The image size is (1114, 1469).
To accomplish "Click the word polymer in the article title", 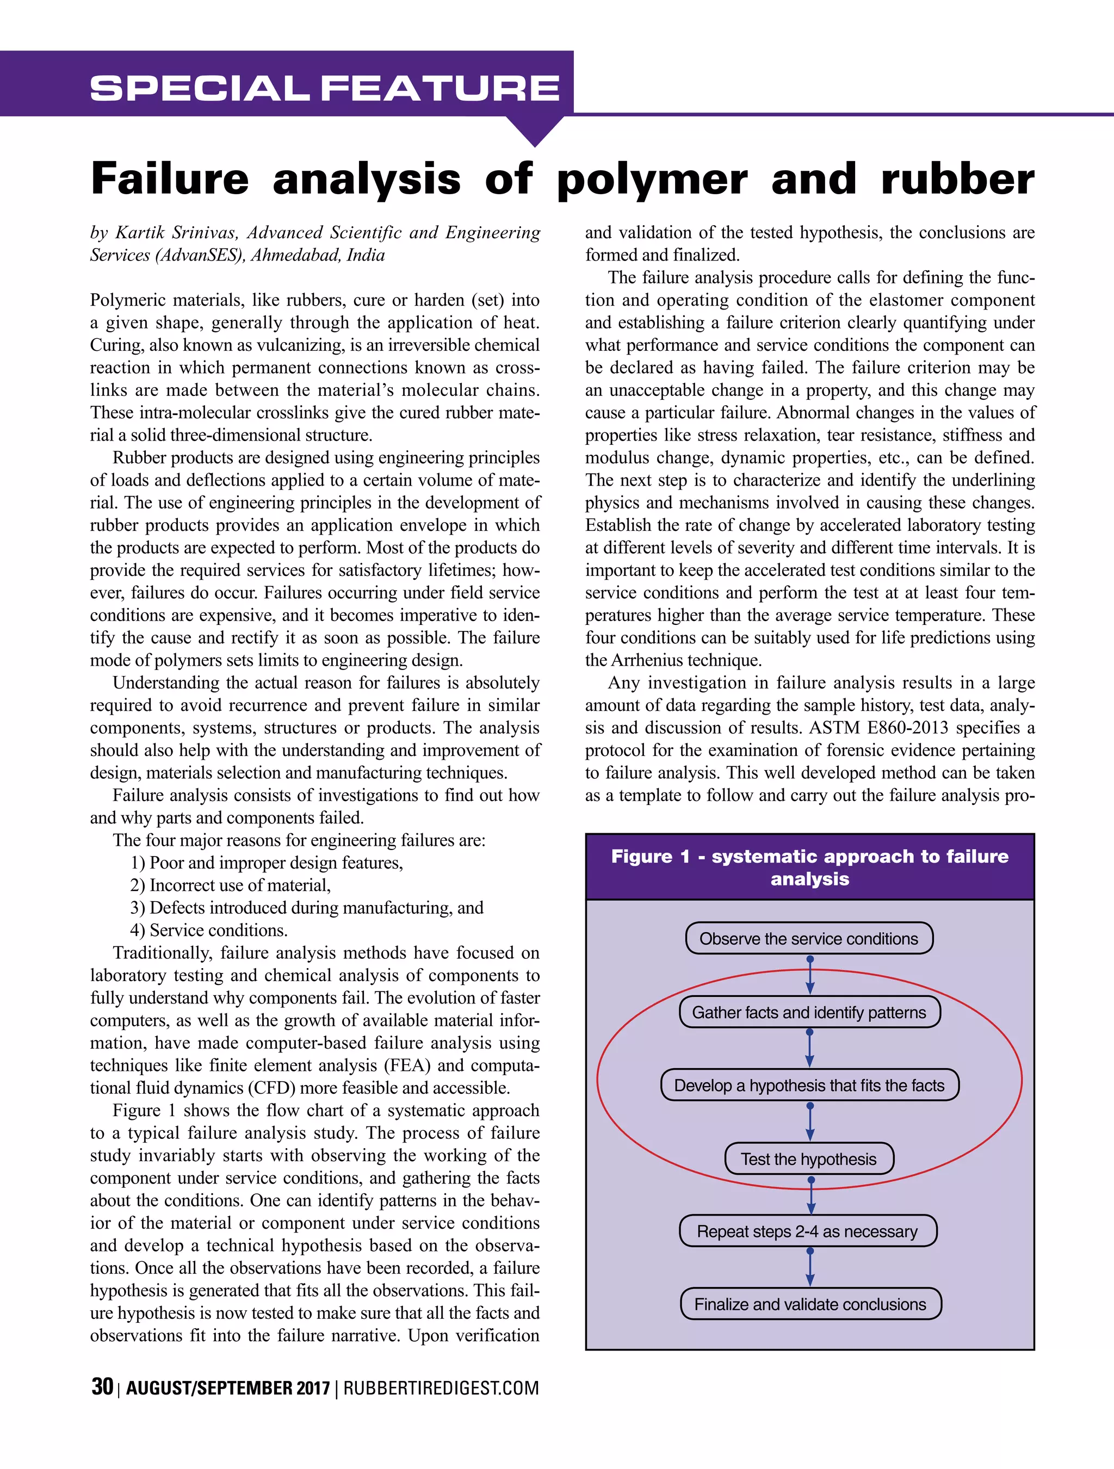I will pos(652,180).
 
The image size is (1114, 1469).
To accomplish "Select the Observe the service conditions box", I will pos(808,938).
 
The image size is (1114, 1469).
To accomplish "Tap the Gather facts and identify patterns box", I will pos(808,1012).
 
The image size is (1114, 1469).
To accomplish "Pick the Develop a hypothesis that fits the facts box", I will pos(808,1085).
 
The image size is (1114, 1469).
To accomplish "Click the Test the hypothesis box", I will pos(808,1159).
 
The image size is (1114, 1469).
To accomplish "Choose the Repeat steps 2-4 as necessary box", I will pos(807,1231).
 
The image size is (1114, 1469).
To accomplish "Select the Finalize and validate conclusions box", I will pos(810,1304).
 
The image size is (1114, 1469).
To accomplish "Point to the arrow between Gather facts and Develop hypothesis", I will pos(809,1049).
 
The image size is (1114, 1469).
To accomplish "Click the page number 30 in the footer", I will pos(102,1387).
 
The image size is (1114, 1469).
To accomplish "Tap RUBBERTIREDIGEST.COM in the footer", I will pos(441,1389).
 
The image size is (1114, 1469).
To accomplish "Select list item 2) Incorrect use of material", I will pos(230,885).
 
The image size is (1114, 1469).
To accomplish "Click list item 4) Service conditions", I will pos(208,931).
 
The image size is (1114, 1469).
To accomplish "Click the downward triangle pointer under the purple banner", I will pos(535,131).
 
